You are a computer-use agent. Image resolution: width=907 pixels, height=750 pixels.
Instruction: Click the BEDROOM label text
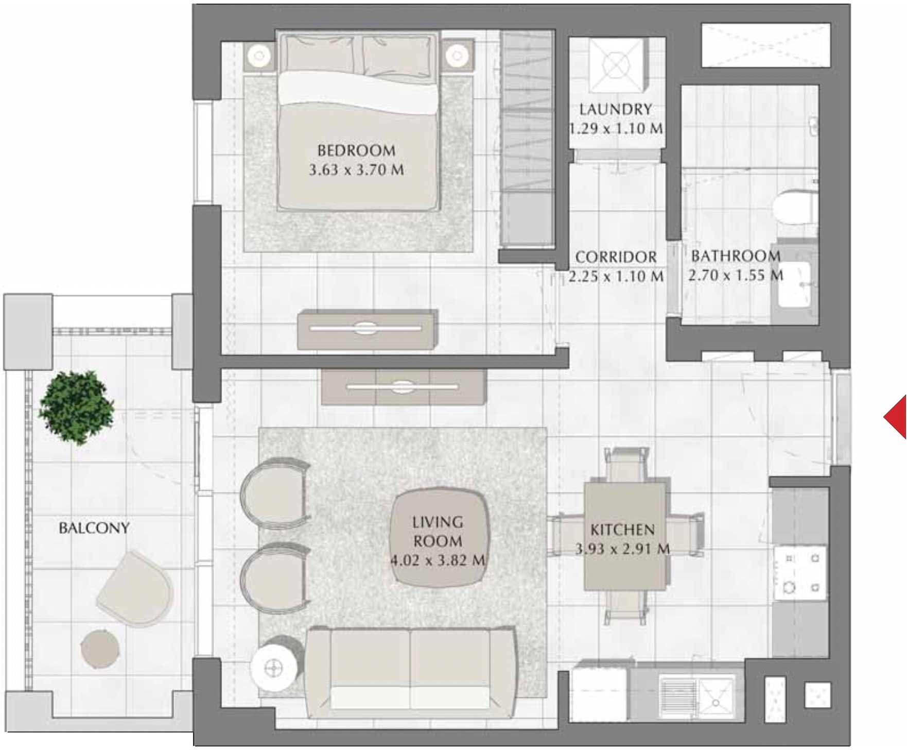356,150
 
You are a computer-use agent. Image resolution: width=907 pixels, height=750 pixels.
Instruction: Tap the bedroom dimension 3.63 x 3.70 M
356,169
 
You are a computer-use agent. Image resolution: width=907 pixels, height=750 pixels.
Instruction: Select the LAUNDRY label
616,109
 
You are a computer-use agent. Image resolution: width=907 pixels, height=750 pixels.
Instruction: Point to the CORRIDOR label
616,257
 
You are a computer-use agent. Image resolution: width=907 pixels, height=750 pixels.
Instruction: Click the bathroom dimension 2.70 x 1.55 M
736,276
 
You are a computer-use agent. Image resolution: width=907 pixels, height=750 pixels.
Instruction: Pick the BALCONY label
94,527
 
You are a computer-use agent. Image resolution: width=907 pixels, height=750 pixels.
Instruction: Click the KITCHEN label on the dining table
622,530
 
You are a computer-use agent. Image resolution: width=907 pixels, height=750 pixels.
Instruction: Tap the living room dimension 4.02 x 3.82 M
438,560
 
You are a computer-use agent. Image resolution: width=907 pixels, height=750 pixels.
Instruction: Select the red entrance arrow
896,417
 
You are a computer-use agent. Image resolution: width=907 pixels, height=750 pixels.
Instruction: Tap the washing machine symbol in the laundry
616,64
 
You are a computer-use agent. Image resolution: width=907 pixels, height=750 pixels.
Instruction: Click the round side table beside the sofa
273,668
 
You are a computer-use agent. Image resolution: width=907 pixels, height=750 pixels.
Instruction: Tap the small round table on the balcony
100,649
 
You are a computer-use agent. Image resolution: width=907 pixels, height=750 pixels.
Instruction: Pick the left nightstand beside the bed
259,55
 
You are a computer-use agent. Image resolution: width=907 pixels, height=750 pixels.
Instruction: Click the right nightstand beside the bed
457,55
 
